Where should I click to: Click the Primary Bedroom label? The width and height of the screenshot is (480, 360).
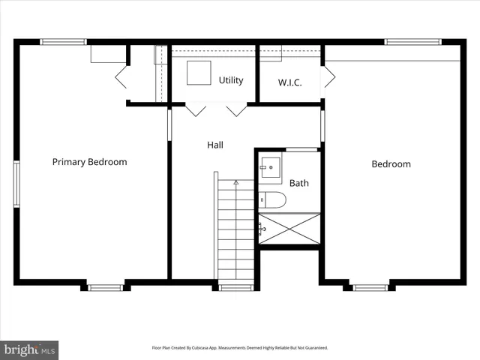(89, 161)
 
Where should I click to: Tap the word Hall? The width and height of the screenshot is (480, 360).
(215, 145)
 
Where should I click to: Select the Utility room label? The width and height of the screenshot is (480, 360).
(231, 80)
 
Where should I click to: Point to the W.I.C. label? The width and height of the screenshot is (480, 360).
(289, 82)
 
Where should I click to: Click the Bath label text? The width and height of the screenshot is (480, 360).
(299, 182)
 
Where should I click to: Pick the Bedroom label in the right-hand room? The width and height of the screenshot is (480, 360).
(391, 163)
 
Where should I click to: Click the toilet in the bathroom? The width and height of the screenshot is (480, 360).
(273, 199)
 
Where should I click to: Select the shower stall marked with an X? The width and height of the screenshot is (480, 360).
(289, 229)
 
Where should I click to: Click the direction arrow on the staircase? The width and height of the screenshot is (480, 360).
(236, 182)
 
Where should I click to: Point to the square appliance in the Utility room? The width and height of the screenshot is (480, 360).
(199, 72)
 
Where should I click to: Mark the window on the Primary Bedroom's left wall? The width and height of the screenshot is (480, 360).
(16, 183)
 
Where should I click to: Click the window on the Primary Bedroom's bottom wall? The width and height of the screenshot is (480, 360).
(105, 286)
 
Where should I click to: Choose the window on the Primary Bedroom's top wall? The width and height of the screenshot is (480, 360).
(64, 42)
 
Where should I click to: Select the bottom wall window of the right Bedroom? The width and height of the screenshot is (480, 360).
(370, 286)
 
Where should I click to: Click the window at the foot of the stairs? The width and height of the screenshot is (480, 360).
(235, 286)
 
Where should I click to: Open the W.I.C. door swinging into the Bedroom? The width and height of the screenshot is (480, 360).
(328, 76)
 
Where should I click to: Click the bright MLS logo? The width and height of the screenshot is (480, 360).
(30, 349)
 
